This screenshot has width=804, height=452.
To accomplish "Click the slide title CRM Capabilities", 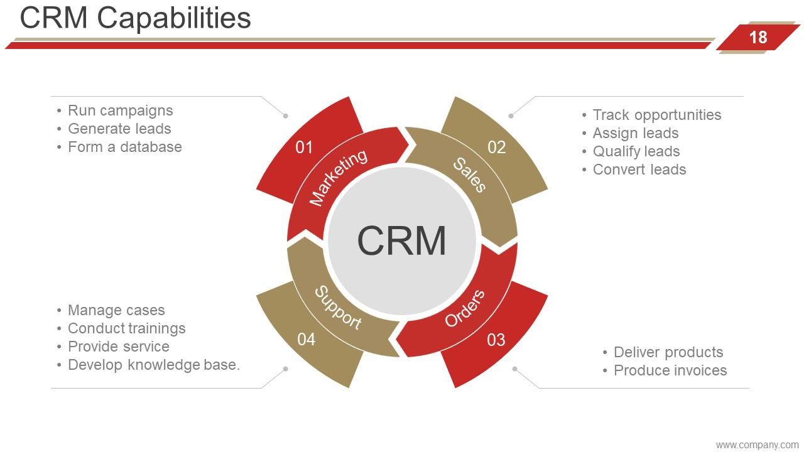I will (x=135, y=18).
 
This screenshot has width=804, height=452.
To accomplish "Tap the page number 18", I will (x=758, y=38).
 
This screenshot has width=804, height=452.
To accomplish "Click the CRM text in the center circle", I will (x=401, y=240).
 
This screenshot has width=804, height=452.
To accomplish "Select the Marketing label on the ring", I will (x=339, y=178).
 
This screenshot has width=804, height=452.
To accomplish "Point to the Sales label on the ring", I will (x=469, y=175).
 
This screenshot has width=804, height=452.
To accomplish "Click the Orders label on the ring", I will (x=465, y=308).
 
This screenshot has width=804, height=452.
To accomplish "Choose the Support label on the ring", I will (x=337, y=308).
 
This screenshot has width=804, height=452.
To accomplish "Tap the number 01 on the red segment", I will (x=304, y=148).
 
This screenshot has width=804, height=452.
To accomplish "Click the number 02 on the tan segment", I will (x=496, y=148).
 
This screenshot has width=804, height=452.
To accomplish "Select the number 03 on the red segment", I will (x=496, y=340).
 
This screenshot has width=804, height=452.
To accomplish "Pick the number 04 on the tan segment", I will (x=306, y=340).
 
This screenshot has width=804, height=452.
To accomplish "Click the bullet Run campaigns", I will (x=120, y=110).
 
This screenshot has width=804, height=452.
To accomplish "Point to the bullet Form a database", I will (x=124, y=147).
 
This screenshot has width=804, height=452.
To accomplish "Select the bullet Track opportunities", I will (x=656, y=115).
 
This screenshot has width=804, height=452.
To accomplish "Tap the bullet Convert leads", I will (x=639, y=169).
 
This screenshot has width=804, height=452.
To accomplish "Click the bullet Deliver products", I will (x=668, y=352).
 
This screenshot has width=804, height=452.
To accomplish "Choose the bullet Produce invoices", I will (x=670, y=370).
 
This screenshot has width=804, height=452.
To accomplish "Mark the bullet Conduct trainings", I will (x=126, y=328).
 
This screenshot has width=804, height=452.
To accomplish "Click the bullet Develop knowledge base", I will (x=153, y=365).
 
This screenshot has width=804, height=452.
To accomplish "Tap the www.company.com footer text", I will (x=757, y=445).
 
